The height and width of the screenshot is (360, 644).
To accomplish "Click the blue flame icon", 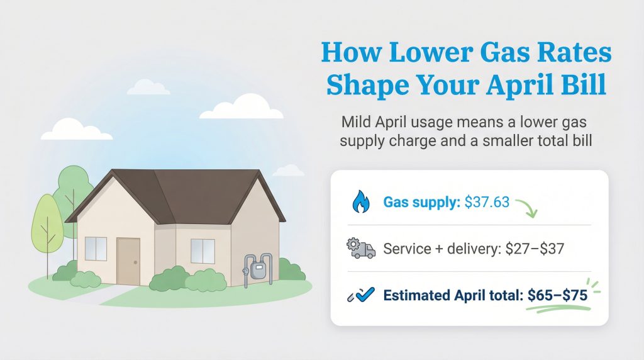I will click(x=360, y=203).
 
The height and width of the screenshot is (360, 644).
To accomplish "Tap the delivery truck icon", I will click(x=360, y=249).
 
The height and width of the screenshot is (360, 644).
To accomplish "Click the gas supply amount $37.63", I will click(x=486, y=203).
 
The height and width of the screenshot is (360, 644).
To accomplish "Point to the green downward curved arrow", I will click(x=527, y=208).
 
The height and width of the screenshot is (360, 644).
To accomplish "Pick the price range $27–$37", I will click(x=535, y=249).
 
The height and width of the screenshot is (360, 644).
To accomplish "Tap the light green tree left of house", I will click(x=47, y=223).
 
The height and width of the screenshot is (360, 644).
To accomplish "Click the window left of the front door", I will click(x=96, y=249).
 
